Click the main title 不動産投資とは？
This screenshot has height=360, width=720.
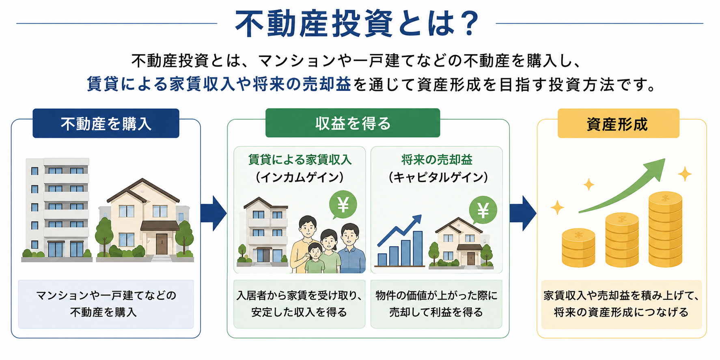point(358,24)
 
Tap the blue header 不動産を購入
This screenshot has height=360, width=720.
point(106,123)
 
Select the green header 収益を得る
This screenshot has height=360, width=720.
point(353,123)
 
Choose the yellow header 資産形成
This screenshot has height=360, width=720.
point(618,123)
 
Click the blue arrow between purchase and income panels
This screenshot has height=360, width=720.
point(213,213)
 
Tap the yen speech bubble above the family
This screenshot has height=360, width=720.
point(343,205)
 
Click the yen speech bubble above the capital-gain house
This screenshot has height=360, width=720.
point(483,210)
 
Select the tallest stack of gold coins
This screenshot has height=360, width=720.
point(665,229)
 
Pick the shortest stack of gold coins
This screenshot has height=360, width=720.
point(578,248)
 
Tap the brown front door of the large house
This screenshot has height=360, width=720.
point(162,244)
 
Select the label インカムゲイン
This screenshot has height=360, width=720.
point(300,177)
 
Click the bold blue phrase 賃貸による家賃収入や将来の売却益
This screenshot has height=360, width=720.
point(219,84)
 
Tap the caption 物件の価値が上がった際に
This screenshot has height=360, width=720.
point(436,295)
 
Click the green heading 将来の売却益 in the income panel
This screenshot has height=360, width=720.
point(437,160)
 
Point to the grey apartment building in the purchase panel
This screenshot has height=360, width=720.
point(57,209)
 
